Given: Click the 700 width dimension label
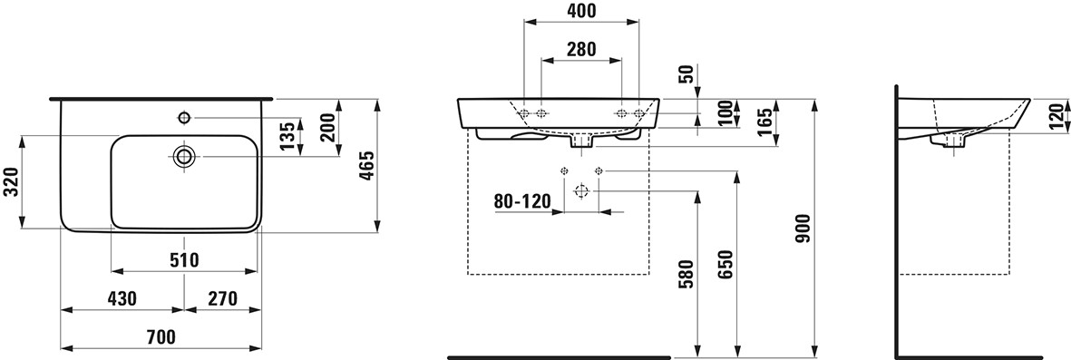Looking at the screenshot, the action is pyautogui.click(x=161, y=336).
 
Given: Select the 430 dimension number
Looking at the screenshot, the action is pyautogui.click(x=122, y=298).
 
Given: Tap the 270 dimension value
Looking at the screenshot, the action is pyautogui.click(x=223, y=298).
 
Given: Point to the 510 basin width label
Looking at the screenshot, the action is pyautogui.click(x=184, y=259).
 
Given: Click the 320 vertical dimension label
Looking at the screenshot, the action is pyautogui.click(x=10, y=183).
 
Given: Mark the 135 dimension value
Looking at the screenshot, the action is pyautogui.click(x=289, y=136).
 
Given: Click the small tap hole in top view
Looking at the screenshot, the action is pyautogui.click(x=184, y=118).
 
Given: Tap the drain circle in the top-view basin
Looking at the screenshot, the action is pyautogui.click(x=184, y=157).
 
